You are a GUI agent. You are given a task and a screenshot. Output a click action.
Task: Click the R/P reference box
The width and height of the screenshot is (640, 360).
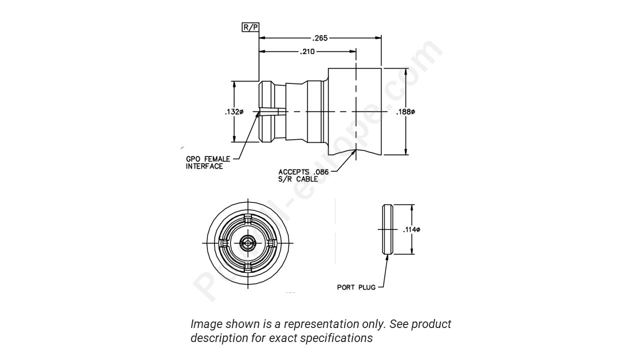[250, 27]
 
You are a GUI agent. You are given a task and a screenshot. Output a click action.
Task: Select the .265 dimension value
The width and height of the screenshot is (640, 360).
[320, 38]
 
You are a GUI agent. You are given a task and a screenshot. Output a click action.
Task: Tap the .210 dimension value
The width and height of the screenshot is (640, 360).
[307, 51]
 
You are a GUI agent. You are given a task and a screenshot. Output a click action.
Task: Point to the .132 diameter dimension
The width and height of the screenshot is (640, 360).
[233, 112]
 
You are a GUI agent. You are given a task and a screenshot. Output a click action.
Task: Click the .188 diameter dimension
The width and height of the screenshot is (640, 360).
[405, 111]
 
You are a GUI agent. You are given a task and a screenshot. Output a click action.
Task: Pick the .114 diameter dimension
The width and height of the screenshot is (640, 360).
[411, 229]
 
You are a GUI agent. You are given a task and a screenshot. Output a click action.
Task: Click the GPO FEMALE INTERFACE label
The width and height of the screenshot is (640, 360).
[208, 162]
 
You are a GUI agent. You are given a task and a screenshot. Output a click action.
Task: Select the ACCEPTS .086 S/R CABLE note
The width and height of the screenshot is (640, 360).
[303, 175]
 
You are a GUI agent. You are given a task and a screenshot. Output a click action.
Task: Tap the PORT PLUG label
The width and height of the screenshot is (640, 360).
[356, 287]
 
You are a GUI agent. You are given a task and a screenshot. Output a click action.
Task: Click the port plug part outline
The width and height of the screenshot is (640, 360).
[387, 229]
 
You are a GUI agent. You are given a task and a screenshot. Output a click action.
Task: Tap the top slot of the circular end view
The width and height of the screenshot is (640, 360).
[247, 220]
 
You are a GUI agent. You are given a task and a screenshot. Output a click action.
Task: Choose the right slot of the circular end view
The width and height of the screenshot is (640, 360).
[271, 243]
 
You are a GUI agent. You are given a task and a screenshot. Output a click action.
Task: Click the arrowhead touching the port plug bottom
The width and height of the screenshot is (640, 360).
[387, 257]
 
